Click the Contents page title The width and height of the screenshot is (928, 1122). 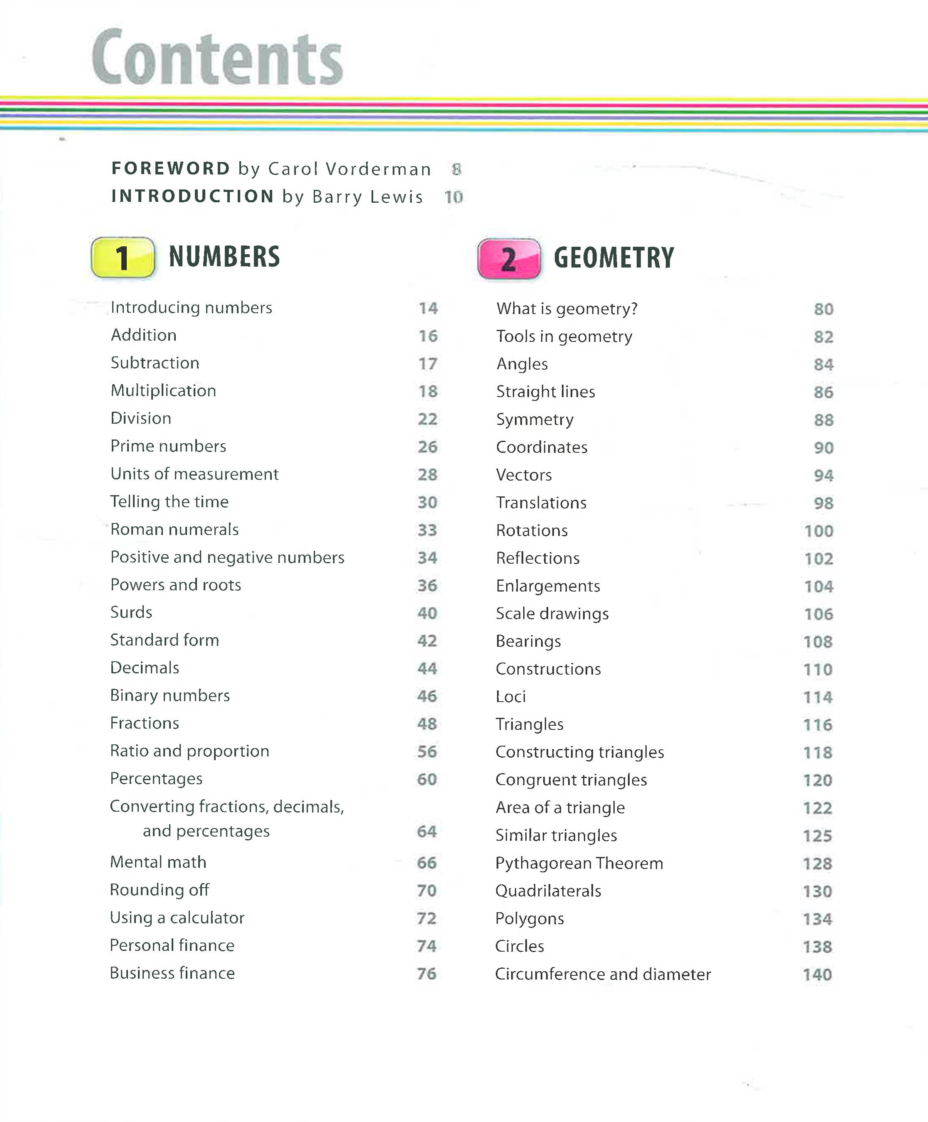(x=217, y=58)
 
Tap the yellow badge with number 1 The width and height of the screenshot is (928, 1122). (x=123, y=258)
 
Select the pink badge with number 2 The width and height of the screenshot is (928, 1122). (x=508, y=259)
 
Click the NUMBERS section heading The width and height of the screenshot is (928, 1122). (x=224, y=256)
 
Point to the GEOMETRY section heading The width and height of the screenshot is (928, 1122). (x=614, y=258)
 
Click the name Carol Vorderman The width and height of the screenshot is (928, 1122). (x=349, y=169)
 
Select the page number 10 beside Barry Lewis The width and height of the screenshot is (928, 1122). (x=454, y=197)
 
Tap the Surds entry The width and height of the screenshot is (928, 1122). (x=131, y=612)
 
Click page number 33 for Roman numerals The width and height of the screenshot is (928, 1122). (x=427, y=530)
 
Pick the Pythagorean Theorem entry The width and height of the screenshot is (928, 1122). (x=579, y=863)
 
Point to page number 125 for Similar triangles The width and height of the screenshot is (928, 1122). (x=818, y=836)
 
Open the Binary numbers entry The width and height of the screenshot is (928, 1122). (x=170, y=696)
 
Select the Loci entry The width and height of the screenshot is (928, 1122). (x=511, y=697)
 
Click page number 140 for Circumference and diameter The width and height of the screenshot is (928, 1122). (x=818, y=975)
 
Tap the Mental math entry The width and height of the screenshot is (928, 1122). (x=158, y=862)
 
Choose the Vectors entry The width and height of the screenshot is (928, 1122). (x=523, y=475)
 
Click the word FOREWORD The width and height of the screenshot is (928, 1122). (x=170, y=168)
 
